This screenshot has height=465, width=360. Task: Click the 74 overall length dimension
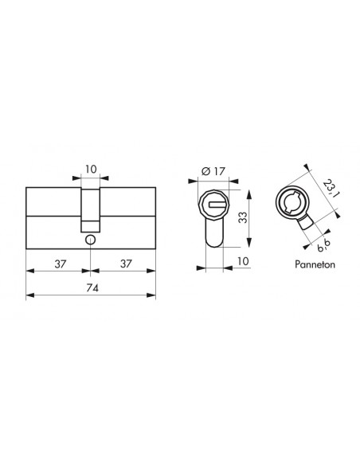click(92, 287)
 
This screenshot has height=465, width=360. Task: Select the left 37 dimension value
click(61, 264)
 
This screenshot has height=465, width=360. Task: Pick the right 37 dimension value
click(126, 264)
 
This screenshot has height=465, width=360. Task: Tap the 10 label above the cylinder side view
click(91, 169)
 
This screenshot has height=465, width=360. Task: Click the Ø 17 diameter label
click(213, 171)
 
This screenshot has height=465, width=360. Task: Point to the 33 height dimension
click(243, 217)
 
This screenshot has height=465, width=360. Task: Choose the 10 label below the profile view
click(243, 261)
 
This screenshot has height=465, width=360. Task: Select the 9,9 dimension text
click(323, 245)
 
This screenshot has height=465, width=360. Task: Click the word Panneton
click(315, 264)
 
